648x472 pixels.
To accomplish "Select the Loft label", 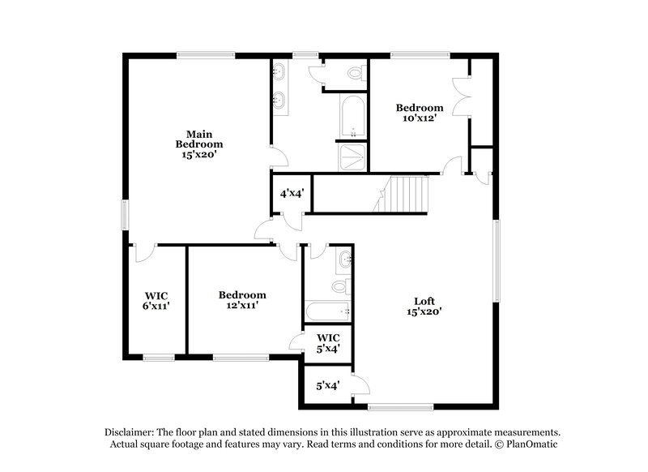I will tap(425, 301).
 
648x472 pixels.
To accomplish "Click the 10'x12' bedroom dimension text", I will tap(419, 118).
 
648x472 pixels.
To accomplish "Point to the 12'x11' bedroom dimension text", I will tap(242, 306).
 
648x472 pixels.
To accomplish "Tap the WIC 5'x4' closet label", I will tap(327, 342).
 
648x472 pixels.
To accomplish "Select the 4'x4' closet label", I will tap(292, 194).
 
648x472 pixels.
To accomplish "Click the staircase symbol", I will tap(405, 195).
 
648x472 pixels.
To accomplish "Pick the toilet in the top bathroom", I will tap(355, 73).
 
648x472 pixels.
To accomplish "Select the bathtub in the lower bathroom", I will tap(328, 311).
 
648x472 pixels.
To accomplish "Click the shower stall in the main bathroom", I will tap(352, 157).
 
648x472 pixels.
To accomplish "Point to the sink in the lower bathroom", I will tap(345, 260).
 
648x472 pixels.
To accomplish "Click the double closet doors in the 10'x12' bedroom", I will tap(463, 97).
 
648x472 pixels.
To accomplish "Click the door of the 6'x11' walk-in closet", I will tap(146, 252).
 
